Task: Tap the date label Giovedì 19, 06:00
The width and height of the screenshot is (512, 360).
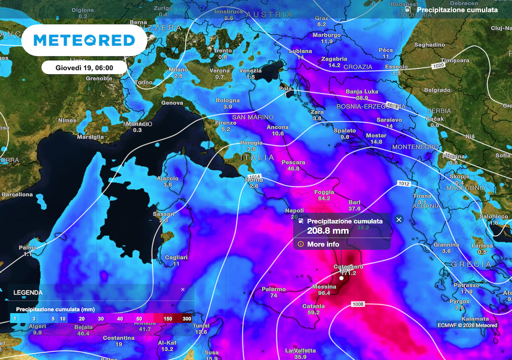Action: [x=84, y=67]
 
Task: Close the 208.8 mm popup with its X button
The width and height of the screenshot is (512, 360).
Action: [x=398, y=219]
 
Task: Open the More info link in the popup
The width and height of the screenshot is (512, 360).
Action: [x=323, y=244]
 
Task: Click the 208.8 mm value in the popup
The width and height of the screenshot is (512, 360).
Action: [x=327, y=231]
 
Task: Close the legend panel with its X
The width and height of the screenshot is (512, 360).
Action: [x=182, y=289]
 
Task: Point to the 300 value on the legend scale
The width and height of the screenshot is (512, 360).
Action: [x=187, y=318]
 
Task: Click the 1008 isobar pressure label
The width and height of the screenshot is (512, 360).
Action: [x=358, y=304]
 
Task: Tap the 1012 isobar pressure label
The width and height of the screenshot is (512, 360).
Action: [x=404, y=184]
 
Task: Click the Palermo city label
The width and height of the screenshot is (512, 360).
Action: [x=273, y=289]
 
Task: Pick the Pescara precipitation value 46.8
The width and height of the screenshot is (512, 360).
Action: [x=293, y=169]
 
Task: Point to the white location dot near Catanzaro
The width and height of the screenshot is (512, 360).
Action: [x=341, y=277]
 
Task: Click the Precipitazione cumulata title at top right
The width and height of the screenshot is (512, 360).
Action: [x=457, y=10]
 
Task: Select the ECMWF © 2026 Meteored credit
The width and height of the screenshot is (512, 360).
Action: [x=467, y=325]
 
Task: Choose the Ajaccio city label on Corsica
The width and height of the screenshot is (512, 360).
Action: [x=167, y=178]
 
